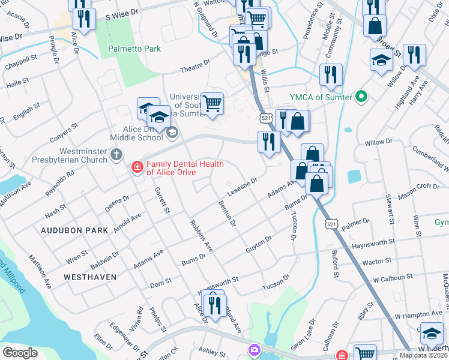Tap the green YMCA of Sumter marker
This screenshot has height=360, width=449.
[361, 96]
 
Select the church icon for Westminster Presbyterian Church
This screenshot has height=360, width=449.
[117, 155]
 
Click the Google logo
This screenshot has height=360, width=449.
[20, 352]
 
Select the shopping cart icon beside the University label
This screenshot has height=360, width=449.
[212, 103]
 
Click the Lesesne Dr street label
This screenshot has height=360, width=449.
[243, 188]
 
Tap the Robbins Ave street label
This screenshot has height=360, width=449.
[201, 235]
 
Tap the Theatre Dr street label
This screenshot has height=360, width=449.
[197, 65]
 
